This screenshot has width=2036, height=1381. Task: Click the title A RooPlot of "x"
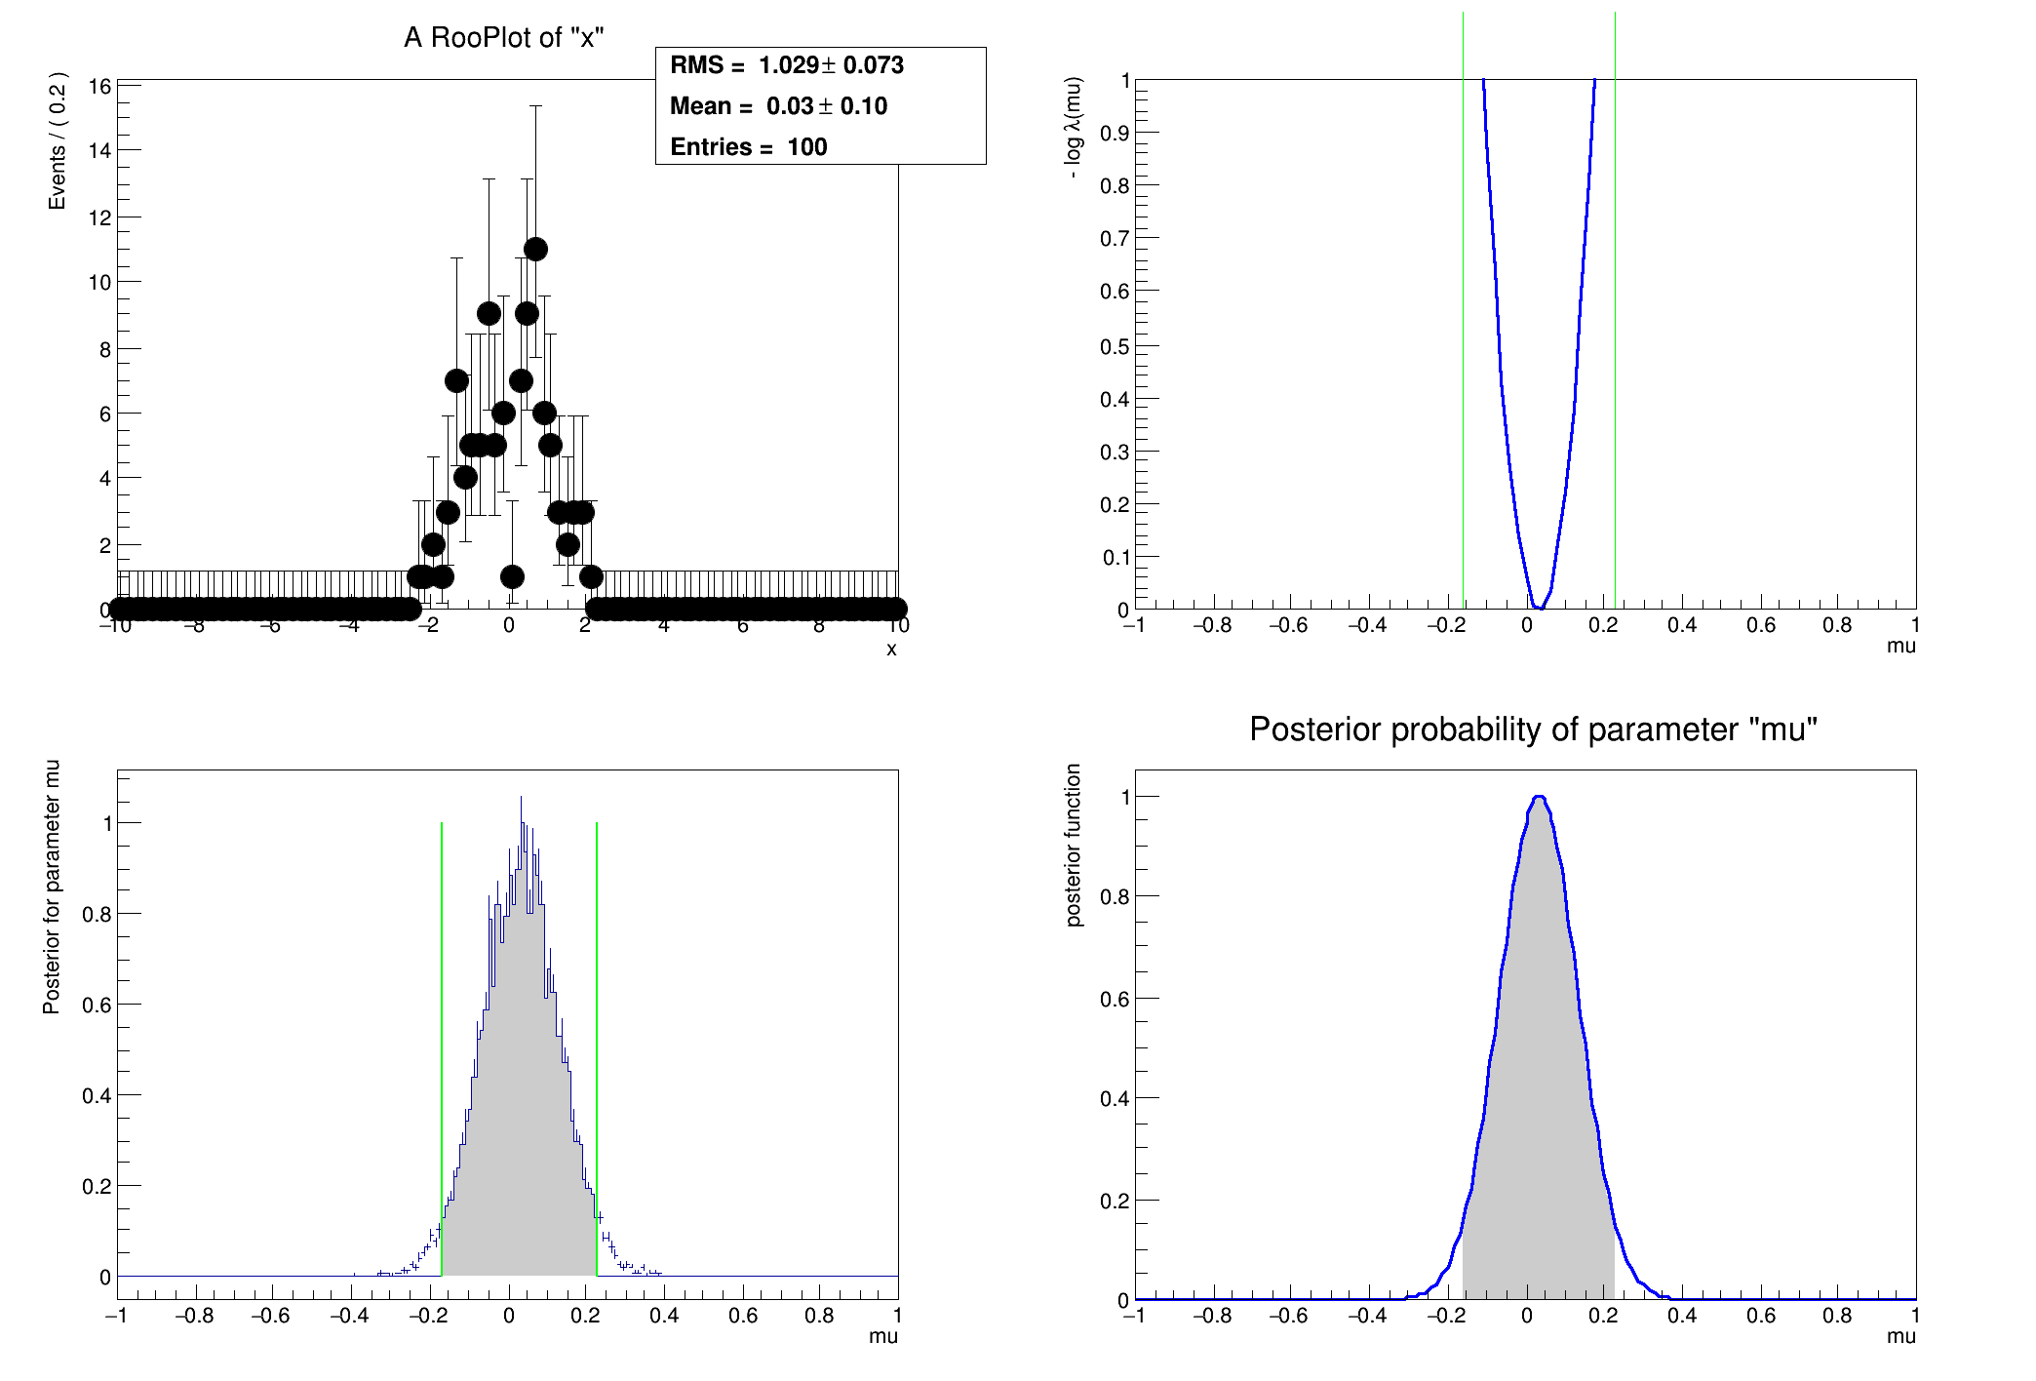tap(504, 38)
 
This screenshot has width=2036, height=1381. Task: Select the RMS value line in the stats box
tap(787, 65)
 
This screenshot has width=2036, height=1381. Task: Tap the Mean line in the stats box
tap(778, 106)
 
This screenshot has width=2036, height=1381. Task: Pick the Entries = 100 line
tap(748, 147)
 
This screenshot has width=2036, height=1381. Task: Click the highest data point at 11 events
tap(535, 250)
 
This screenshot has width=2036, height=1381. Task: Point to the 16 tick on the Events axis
tap(99, 86)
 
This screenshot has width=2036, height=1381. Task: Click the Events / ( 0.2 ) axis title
tap(58, 140)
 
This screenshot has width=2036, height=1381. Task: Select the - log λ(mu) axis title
tap(1074, 127)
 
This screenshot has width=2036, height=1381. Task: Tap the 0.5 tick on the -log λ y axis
tap(1115, 346)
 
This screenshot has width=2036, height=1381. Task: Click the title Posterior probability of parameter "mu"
tap(1533, 730)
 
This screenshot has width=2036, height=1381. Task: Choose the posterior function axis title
tap(1074, 845)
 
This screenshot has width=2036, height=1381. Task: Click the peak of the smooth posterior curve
tap(1539, 797)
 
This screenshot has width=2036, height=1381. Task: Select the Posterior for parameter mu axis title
tap(52, 887)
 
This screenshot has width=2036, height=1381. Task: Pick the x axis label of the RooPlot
tap(891, 650)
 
